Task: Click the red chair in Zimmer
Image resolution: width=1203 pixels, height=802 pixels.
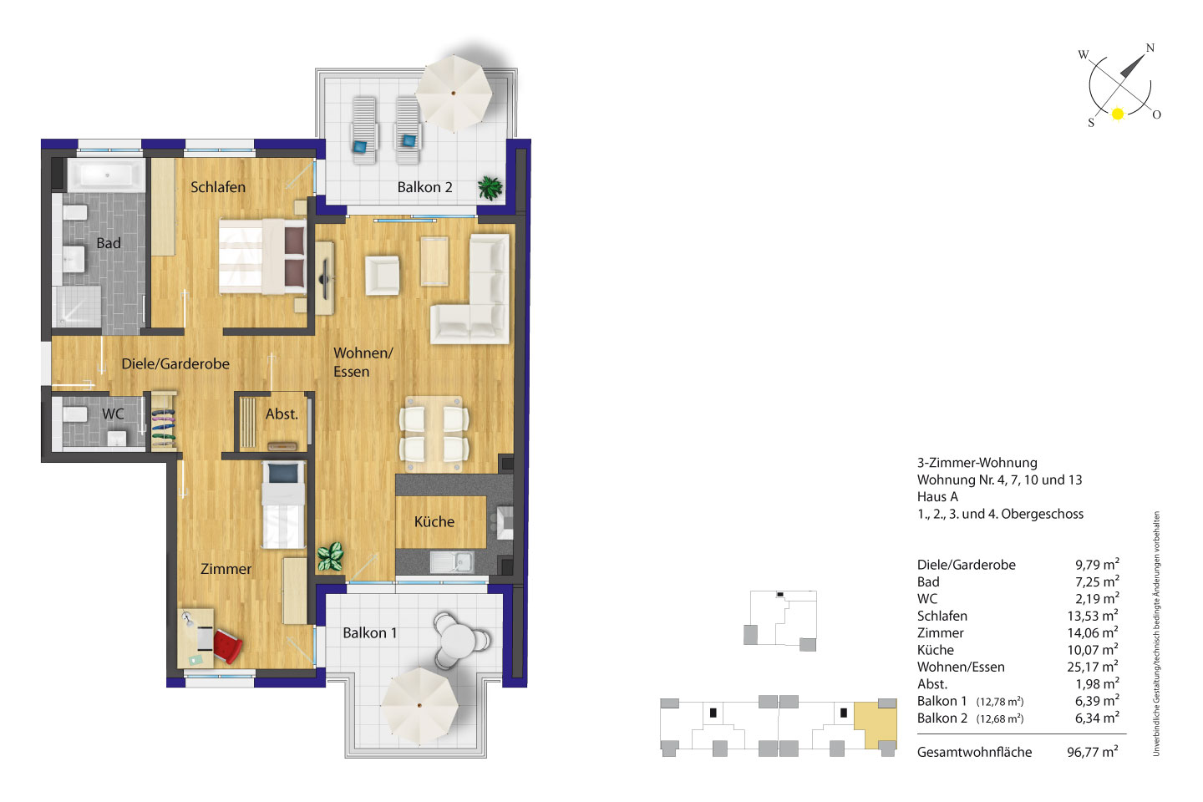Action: (x=227, y=646)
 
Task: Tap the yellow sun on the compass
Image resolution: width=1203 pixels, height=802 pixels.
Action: (x=1118, y=114)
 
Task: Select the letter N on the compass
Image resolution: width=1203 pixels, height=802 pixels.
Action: (x=1150, y=48)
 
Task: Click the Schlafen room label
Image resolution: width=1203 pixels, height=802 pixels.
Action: (x=218, y=187)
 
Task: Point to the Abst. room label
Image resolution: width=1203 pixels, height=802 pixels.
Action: (x=282, y=414)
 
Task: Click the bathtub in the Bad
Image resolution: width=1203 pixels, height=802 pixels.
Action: (x=106, y=175)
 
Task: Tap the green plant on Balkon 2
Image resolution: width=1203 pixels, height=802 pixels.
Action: (x=490, y=188)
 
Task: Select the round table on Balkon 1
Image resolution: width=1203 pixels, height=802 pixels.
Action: (x=458, y=640)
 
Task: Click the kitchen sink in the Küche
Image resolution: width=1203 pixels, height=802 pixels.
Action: (x=452, y=562)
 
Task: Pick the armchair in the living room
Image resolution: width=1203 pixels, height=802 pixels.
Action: (x=383, y=276)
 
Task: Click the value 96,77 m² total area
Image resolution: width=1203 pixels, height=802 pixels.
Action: (x=1093, y=752)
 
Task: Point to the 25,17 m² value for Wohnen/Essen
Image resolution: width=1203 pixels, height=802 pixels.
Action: (x=1093, y=667)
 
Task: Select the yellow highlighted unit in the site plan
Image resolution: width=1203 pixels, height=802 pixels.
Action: (x=876, y=724)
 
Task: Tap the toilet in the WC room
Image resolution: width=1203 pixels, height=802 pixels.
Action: (x=74, y=414)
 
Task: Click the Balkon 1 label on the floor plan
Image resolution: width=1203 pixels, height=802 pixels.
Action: (x=370, y=632)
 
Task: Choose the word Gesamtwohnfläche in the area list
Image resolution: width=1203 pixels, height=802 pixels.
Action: (x=974, y=752)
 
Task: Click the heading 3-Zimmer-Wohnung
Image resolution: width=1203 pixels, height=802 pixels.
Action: (x=977, y=463)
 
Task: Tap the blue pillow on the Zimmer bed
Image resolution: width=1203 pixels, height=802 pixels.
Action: (x=283, y=473)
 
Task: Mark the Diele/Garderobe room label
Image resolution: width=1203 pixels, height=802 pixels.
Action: (x=175, y=363)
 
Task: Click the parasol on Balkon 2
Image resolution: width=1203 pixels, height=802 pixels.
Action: (x=454, y=94)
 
